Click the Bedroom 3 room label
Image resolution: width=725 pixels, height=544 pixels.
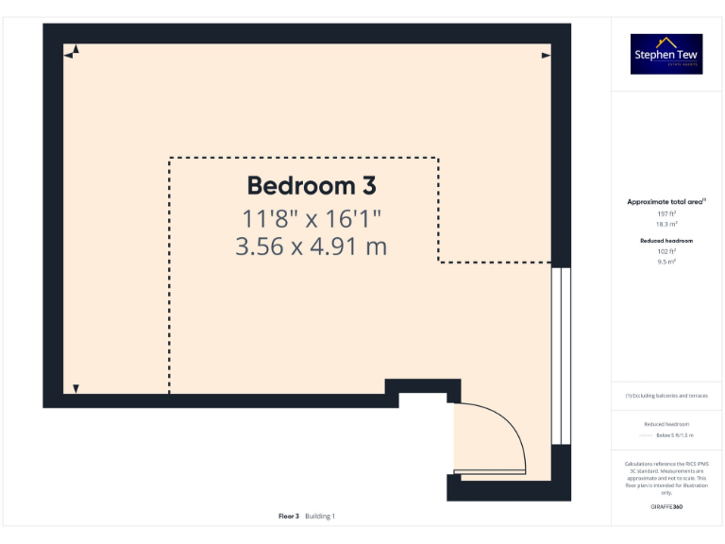coord(312,185)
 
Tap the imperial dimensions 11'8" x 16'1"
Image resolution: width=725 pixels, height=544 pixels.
coord(312,219)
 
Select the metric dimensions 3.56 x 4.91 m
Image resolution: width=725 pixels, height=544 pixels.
coord(312,246)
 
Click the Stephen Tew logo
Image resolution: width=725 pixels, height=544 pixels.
coord(666,55)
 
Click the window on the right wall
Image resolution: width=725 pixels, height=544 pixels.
coord(561,355)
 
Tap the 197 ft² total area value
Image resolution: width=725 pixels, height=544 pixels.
coord(667,214)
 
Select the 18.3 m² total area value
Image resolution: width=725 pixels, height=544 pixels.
coord(667,224)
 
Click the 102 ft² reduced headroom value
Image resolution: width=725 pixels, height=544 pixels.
coord(667,251)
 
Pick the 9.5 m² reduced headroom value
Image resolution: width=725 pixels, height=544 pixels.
coord(667,261)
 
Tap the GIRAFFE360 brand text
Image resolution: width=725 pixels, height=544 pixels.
coord(666,507)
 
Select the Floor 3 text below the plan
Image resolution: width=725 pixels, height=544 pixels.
coord(289,516)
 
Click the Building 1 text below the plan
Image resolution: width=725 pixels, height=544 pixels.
coord(320,516)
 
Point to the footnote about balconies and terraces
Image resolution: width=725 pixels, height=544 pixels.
coord(666,396)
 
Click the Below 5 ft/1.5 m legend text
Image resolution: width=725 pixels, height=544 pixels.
coord(675,435)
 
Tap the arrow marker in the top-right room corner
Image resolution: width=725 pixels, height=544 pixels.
coord(546,56)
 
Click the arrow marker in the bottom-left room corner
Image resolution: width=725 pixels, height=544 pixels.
coord(76,387)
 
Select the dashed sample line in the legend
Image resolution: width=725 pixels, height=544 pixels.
coord(647,435)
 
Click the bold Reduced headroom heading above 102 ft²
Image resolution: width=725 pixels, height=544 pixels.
coord(666,241)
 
